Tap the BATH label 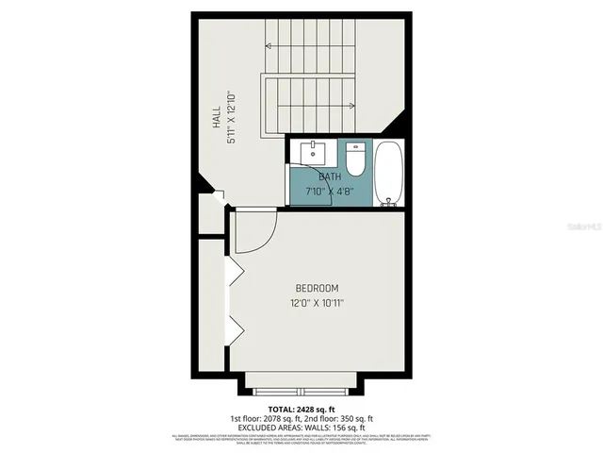pos(330,176)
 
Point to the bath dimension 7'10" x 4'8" pos(329,191)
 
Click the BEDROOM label pos(317,288)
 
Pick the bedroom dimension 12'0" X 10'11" pos(317,303)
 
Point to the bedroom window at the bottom pos(302,388)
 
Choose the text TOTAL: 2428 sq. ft pos(301,409)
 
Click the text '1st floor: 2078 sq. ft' pos(266,418)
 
